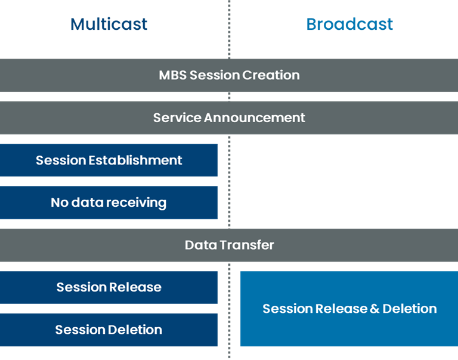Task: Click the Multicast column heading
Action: click(x=109, y=24)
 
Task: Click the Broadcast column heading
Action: click(x=349, y=24)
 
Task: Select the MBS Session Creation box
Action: click(x=229, y=75)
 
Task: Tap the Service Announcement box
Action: click(x=229, y=117)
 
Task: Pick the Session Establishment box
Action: click(x=109, y=160)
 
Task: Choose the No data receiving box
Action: click(x=109, y=203)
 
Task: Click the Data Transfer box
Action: click(x=229, y=245)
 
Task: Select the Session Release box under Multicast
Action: click(x=109, y=287)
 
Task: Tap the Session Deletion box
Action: click(x=109, y=330)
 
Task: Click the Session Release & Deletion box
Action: click(x=349, y=309)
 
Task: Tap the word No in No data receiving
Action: click(x=60, y=203)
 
